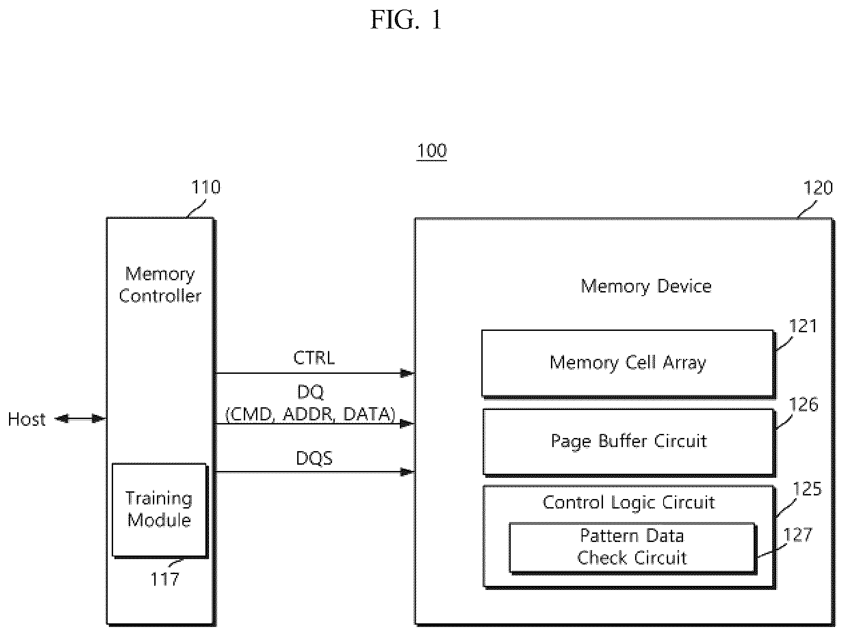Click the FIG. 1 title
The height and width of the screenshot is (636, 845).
pyautogui.click(x=406, y=20)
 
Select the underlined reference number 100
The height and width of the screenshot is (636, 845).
pyautogui.click(x=432, y=151)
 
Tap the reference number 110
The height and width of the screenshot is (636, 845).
pyautogui.click(x=206, y=187)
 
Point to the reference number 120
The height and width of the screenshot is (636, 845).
pyautogui.click(x=818, y=188)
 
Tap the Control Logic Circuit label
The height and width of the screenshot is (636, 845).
pyautogui.click(x=629, y=503)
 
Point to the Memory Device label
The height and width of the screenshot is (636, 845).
pyautogui.click(x=646, y=286)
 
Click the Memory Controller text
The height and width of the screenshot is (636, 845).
pyautogui.click(x=160, y=285)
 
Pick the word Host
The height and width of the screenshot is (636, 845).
pyautogui.click(x=27, y=419)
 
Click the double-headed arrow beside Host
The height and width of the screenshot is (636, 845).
pyautogui.click(x=81, y=419)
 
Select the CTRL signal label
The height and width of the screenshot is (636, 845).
pyautogui.click(x=314, y=358)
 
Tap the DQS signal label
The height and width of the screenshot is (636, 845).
pyautogui.click(x=314, y=458)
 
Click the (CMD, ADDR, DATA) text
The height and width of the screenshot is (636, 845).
pyautogui.click(x=310, y=415)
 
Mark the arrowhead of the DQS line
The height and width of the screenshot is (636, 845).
pyautogui.click(x=408, y=472)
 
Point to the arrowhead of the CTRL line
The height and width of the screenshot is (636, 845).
pyautogui.click(x=408, y=373)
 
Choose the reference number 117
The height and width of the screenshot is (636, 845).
pyautogui.click(x=165, y=579)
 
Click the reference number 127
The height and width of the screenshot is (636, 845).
pyautogui.click(x=798, y=535)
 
